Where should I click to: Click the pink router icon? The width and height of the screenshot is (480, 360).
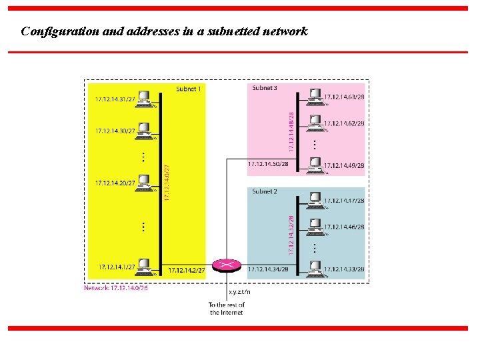click(226, 265)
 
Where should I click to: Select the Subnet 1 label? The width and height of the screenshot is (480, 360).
click(188, 89)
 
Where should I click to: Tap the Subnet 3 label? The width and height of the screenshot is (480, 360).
click(264, 88)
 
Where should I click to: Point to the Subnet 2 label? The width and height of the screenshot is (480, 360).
click(264, 192)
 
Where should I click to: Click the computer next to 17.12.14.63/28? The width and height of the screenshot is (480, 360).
click(315, 97)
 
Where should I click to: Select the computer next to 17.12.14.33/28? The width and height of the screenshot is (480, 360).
click(315, 269)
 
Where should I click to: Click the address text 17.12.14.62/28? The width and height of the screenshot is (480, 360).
click(344, 123)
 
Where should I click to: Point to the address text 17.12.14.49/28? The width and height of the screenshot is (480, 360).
click(344, 165)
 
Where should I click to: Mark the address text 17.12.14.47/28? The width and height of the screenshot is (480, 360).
click(344, 200)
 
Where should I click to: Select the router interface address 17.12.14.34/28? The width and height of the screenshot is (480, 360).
click(268, 269)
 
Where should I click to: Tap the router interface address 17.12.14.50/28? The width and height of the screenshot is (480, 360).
click(268, 164)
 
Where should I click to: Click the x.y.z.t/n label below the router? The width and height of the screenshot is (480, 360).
click(239, 291)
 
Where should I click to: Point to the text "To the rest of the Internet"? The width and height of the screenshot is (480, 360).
click(227, 309)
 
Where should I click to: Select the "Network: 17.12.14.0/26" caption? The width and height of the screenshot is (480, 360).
click(116, 288)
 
